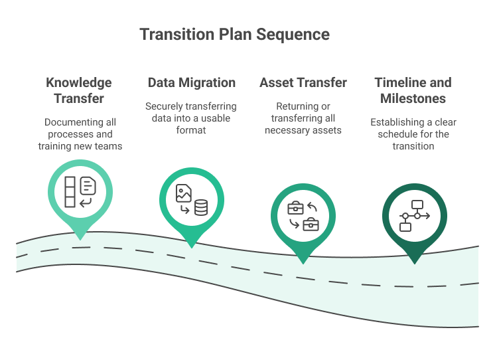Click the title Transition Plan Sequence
click(x=234, y=35)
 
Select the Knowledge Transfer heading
click(x=78, y=90)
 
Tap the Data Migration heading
click(x=191, y=83)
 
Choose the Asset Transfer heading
click(x=303, y=83)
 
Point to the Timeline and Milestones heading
click(x=413, y=90)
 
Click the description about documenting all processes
click(x=80, y=134)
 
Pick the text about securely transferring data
click(x=191, y=118)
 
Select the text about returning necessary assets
click(x=303, y=118)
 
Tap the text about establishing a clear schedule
click(x=413, y=134)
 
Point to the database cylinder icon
click(x=200, y=209)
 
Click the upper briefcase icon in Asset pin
click(x=295, y=209)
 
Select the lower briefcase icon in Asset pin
click(x=311, y=225)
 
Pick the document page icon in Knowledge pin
click(x=88, y=185)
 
